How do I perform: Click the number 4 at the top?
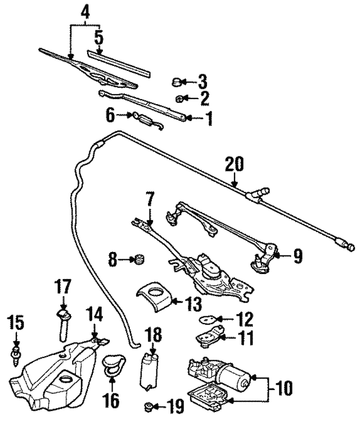[x=85, y=11]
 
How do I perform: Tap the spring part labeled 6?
[x=148, y=119]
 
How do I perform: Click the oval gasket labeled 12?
[x=208, y=320]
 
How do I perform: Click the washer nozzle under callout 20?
[x=258, y=194]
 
